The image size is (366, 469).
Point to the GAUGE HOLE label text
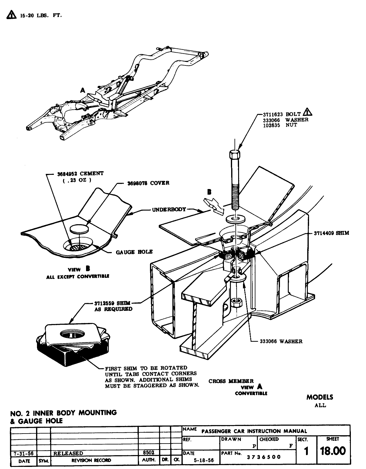click(134, 252)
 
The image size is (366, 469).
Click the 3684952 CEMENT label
click(80, 174)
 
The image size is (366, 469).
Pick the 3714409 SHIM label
click(331, 233)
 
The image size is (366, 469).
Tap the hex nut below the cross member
click(235, 302)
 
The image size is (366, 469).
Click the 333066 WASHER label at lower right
click(281, 341)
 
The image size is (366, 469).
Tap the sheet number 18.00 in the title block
click(333, 451)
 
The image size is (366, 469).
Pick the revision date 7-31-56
click(24, 454)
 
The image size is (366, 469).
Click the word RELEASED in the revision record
click(68, 454)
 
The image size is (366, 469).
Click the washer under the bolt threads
click(235, 219)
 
